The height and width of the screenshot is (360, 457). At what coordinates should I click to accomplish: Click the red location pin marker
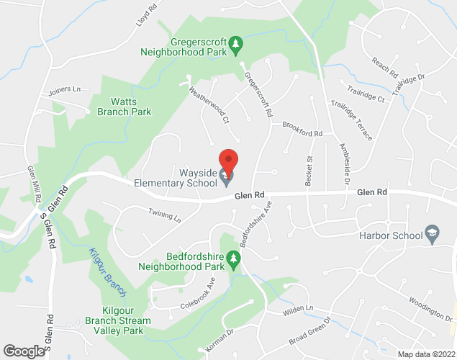(228, 160)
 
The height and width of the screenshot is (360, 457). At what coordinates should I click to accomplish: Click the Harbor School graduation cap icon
(432, 233)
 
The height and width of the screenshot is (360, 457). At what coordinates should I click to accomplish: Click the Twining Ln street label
(165, 216)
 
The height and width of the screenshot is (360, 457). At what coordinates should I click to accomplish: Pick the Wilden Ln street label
(299, 309)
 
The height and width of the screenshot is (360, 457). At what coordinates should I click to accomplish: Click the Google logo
(23, 351)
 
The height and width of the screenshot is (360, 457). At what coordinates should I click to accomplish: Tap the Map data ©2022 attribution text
(426, 354)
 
